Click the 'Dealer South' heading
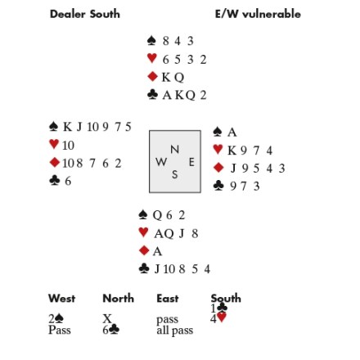(x=85, y=14)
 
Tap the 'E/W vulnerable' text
(x=258, y=14)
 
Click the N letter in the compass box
(x=174, y=150)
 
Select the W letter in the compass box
(x=161, y=162)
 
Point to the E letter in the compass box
(x=191, y=162)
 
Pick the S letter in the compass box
(x=175, y=174)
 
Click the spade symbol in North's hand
(x=151, y=41)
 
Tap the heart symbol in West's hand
(x=54, y=144)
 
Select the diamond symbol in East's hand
(x=218, y=168)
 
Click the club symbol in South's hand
(x=144, y=268)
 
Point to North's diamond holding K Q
(x=173, y=78)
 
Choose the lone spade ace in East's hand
(x=232, y=133)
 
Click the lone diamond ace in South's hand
(x=157, y=251)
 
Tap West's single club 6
(x=68, y=181)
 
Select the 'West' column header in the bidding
(x=61, y=299)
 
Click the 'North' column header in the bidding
(x=119, y=299)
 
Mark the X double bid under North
(x=107, y=318)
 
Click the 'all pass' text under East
(x=175, y=330)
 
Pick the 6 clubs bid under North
(x=111, y=330)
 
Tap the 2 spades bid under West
(x=56, y=318)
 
